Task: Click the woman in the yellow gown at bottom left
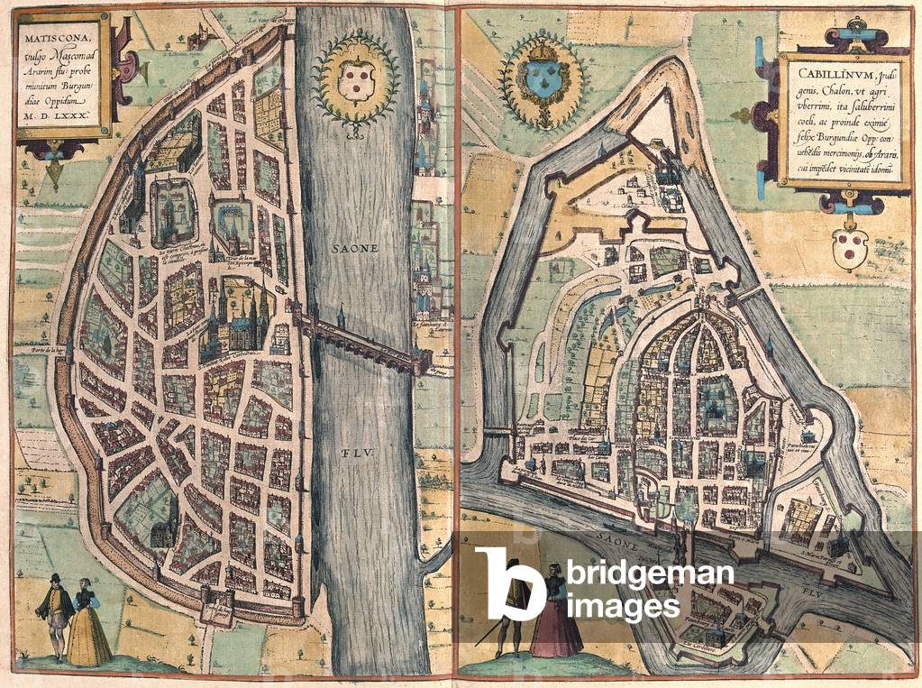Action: tap(88, 624)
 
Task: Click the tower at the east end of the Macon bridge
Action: tap(420, 362)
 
